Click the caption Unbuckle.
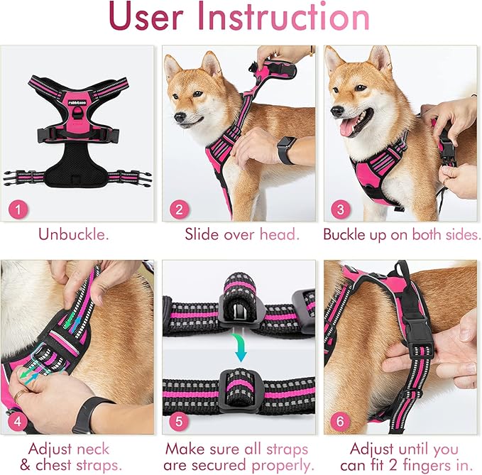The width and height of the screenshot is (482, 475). [x=74, y=234]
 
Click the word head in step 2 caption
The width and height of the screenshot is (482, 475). [x=283, y=234]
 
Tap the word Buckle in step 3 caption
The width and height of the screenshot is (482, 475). [x=346, y=234]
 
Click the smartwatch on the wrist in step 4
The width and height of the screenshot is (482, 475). [x=90, y=413]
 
